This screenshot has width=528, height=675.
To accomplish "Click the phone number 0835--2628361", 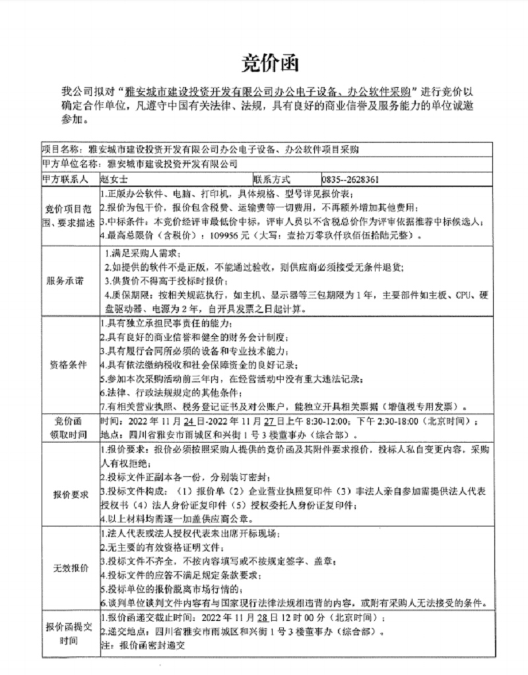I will coord(350,179).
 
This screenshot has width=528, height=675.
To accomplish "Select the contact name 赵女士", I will coord(114,179).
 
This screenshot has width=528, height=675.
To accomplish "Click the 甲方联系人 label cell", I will coord(65,179).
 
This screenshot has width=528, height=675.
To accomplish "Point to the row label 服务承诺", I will coord(65,280).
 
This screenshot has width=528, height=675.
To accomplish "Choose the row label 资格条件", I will coord(65,364).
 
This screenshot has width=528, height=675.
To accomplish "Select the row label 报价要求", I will coord(65,493).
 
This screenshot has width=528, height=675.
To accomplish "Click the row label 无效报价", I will coord(65,568).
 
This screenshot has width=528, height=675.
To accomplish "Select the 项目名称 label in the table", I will coord(61,149).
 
